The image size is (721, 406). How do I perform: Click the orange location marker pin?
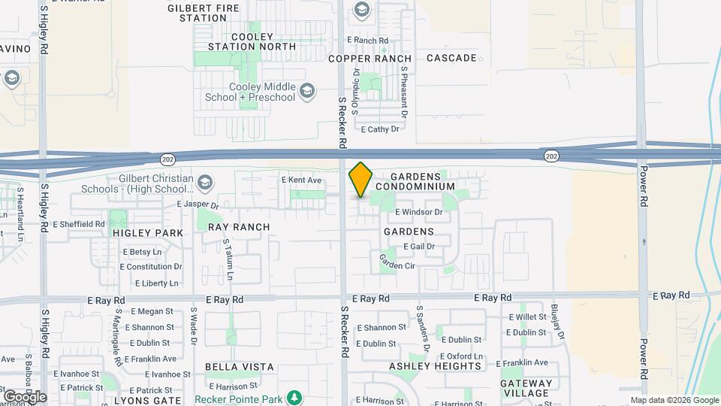pos(360,180)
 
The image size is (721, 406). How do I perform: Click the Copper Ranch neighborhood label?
pos(370,59)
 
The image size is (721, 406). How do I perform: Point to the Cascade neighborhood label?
pos(451,58)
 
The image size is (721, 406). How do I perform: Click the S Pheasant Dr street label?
pos(404,92)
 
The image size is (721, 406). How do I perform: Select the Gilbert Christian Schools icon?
pos(204,182)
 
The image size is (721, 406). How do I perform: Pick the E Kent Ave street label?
pos(301,180)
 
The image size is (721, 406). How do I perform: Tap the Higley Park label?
pos(148,233)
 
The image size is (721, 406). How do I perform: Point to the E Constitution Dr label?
pos(152,267)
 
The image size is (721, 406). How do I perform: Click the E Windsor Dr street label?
pos(418,213)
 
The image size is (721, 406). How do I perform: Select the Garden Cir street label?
pos(397,262)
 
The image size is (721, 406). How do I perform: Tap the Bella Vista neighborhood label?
pos(240,367)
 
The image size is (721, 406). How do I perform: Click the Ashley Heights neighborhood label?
pos(435,366)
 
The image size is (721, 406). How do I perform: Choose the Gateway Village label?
pos(526,388)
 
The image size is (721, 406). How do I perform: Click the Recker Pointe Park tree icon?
pos(296,396)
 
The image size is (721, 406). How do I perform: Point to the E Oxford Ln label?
pos(460,356)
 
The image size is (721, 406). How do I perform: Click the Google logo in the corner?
pos(25,396)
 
